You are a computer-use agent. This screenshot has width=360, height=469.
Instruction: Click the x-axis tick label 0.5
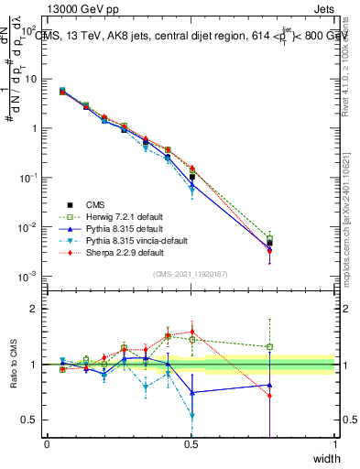[191, 444]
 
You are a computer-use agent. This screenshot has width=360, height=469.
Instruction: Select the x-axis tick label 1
[334, 444]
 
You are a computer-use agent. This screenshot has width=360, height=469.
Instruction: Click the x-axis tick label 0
[47, 444]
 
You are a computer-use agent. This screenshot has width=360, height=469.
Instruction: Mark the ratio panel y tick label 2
[33, 310]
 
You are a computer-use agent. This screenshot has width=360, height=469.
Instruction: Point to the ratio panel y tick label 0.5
[28, 420]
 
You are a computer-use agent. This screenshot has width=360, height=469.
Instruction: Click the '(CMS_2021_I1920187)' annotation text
[190, 274]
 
